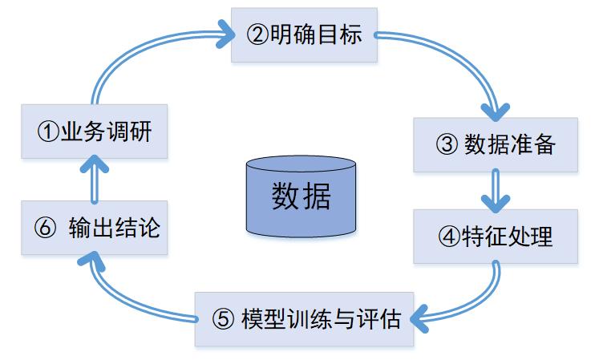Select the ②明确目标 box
[303, 35]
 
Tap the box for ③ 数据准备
[495, 145]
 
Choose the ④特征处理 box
[495, 237]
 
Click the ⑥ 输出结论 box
[95, 228]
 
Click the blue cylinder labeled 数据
[301, 196]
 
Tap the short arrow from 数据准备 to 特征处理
[495, 191]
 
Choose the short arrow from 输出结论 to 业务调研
[95, 178]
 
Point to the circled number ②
[257, 35]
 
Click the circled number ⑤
[224, 320]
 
